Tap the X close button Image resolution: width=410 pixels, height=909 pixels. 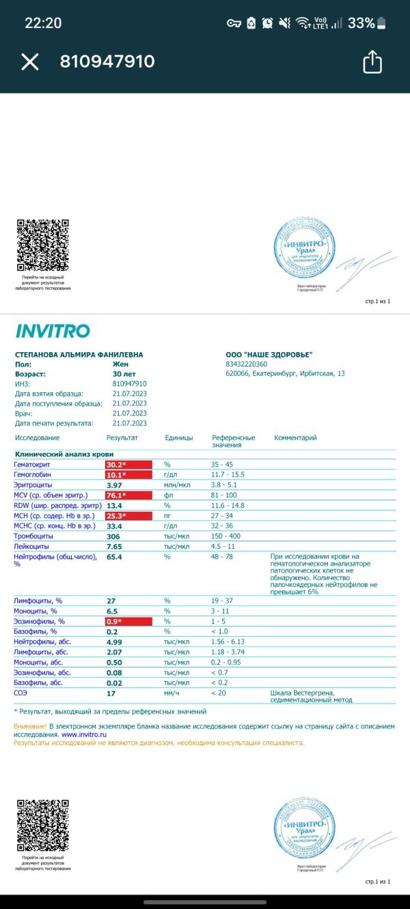click(x=30, y=62)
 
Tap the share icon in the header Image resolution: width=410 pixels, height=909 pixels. click(x=372, y=61)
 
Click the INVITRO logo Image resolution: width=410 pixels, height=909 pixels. click(x=53, y=332)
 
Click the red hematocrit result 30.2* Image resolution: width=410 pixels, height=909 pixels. click(x=117, y=464)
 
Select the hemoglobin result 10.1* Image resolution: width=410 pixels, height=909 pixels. click(x=117, y=474)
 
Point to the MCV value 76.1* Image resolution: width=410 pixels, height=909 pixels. click(x=117, y=495)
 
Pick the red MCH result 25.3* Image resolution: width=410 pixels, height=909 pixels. click(x=117, y=515)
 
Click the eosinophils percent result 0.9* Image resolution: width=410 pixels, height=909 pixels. click(x=114, y=622)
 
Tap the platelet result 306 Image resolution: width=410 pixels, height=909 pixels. click(x=113, y=536)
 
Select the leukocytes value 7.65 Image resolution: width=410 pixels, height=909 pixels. click(x=114, y=547)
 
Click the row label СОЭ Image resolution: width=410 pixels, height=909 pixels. click(x=21, y=693)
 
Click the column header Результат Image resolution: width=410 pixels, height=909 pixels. click(x=122, y=437)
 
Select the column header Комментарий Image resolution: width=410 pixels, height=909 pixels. click(x=295, y=437)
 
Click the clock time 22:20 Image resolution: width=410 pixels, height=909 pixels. click(x=43, y=23)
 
